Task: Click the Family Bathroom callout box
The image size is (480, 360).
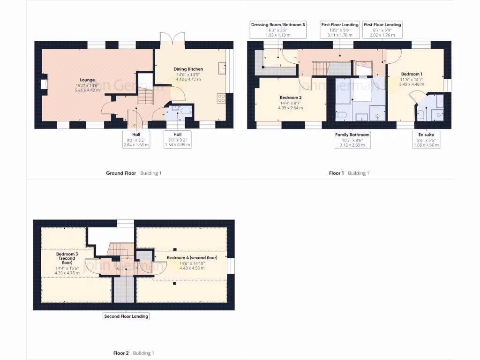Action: tap(352, 140)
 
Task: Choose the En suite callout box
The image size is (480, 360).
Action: tap(426, 140)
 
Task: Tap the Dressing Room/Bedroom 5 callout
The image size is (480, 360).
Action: tap(278, 30)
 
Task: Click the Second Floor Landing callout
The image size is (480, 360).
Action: tap(126, 316)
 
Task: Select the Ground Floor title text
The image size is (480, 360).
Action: tap(121, 173)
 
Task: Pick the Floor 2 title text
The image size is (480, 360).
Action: tap(121, 353)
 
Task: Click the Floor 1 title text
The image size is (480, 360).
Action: tap(336, 173)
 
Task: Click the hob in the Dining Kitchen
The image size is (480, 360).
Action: tap(221, 98)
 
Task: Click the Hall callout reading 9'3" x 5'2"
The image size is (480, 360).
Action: tap(135, 140)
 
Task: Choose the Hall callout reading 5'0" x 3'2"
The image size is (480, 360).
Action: tap(177, 140)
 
